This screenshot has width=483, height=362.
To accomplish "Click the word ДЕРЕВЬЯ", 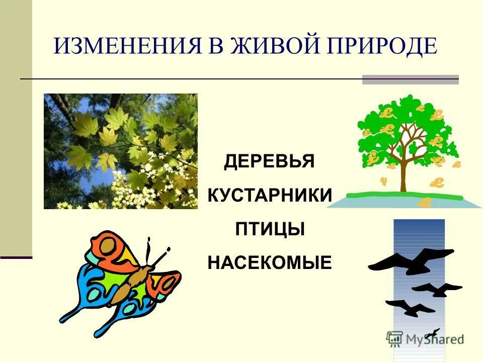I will (x=269, y=162).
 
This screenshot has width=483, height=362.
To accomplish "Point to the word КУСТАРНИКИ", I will (x=270, y=196).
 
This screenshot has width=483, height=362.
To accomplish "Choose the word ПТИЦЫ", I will (x=270, y=229).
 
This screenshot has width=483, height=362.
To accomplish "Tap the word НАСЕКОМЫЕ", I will (x=270, y=262).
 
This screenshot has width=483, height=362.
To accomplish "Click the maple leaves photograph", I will (x=121, y=151).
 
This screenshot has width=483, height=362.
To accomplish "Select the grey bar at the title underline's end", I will (x=410, y=79).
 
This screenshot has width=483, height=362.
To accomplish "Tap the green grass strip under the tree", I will (x=403, y=195).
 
